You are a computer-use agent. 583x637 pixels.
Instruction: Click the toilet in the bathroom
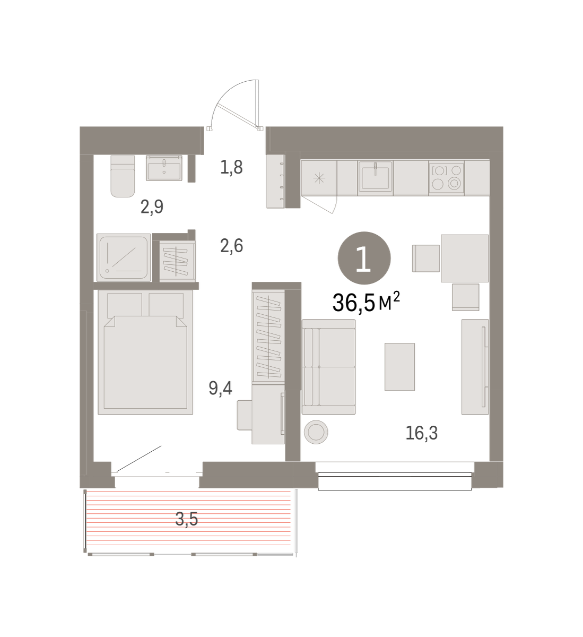pos(123,176)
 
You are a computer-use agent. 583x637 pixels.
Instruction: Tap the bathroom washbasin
pos(164,168)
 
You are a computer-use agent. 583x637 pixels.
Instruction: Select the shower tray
pos(124,257)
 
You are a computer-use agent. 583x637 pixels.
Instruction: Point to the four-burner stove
pos(447,177)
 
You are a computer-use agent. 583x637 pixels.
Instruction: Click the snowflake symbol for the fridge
pos(319,178)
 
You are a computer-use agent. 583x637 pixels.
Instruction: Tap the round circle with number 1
pos(364,258)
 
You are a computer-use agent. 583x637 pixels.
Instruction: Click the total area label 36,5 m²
pos(366,302)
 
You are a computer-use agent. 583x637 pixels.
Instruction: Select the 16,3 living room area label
pos(421,433)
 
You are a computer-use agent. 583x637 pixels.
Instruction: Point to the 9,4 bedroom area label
pos(220,388)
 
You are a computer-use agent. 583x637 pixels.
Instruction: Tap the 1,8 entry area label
pos(231,167)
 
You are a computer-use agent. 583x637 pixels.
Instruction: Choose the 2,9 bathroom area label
pos(152,207)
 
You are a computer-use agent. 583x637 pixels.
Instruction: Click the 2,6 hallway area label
pos(232,246)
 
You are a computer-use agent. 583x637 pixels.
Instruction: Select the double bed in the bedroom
pos(145,352)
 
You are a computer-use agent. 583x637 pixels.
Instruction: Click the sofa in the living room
pos(328,367)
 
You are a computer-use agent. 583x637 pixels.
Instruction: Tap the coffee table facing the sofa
pos(399,367)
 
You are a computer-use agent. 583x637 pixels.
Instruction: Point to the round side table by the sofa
pos(316,432)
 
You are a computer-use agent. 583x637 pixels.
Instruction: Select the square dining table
pos(464,258)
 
